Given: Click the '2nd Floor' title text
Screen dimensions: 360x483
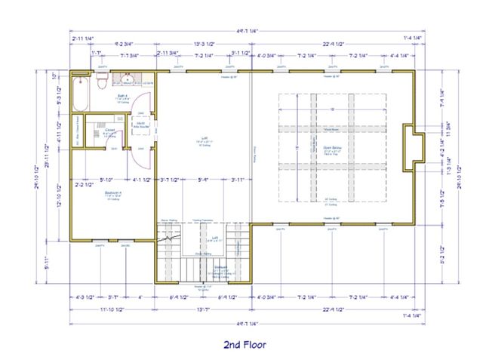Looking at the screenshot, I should coord(244,345).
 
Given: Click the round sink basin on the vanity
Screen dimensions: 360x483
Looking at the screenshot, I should coord(129,79).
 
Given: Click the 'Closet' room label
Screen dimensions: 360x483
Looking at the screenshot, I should coord(109,129).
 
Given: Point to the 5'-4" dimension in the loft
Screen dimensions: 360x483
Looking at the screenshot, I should coord(203,180).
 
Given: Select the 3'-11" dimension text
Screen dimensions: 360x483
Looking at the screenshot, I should coord(238,180).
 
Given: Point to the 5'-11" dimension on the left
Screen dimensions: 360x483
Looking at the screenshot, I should coord(48,263).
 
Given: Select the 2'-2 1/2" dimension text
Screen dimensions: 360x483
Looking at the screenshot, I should coord(83,184).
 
